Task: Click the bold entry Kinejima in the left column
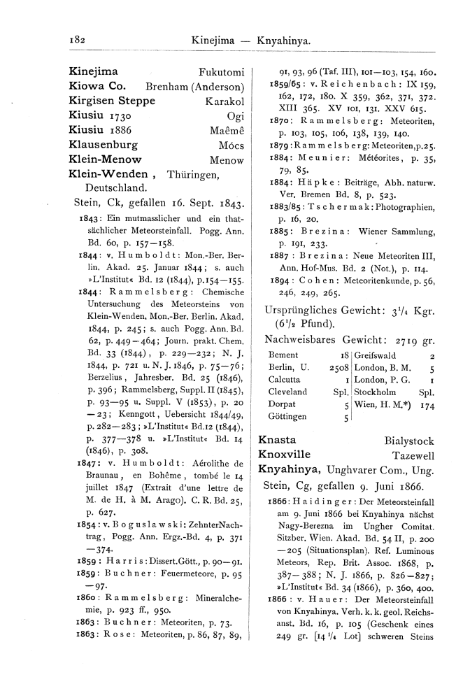(x=94, y=71)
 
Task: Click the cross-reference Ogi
(x=236, y=117)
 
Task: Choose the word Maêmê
(x=227, y=132)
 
